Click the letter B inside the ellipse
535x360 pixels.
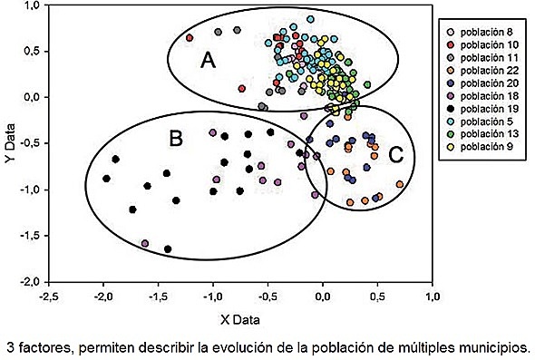176,139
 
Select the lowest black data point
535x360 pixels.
168,248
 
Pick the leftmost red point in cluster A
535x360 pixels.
190,38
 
